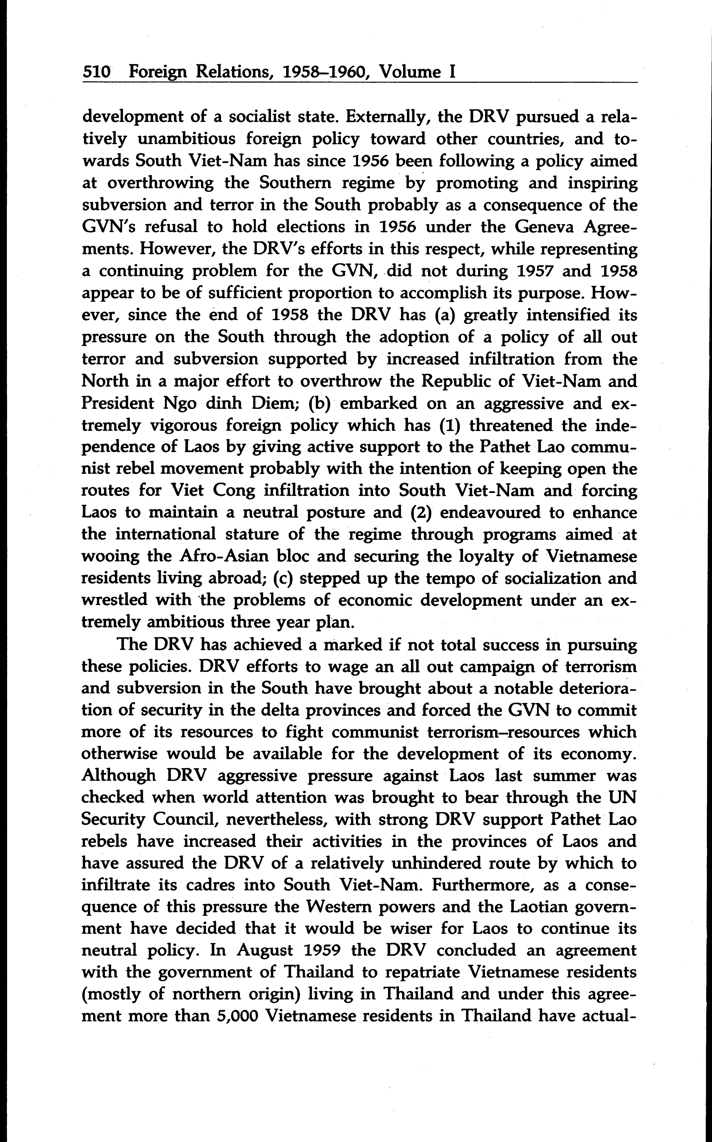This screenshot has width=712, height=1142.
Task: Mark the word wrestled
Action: (x=113, y=601)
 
